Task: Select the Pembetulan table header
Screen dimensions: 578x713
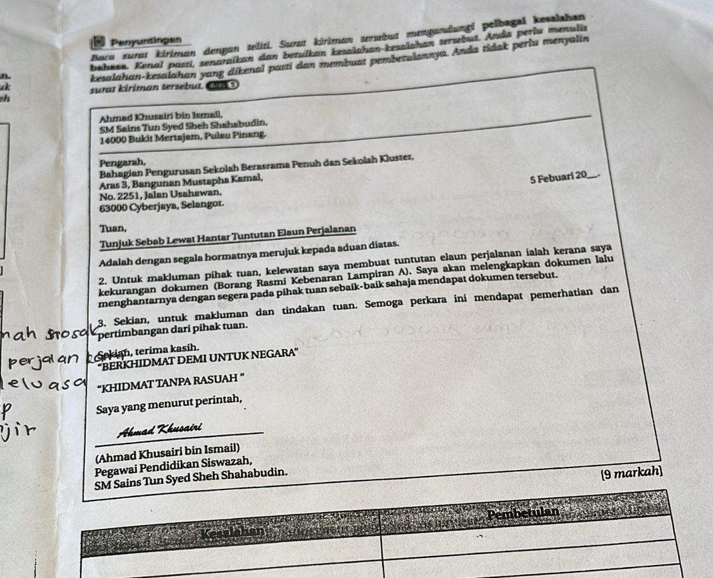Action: (522, 515)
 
